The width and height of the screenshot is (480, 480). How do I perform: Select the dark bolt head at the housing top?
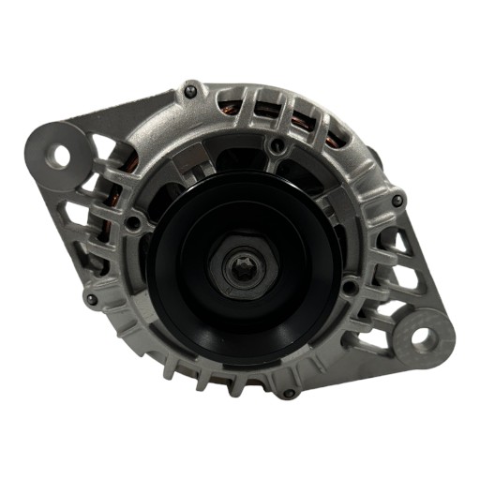click(191, 92)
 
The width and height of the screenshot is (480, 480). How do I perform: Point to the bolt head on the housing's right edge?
click(398, 200)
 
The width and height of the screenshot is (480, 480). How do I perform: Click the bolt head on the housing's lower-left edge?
click(91, 299)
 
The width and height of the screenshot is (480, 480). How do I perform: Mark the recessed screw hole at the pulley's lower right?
click(349, 288)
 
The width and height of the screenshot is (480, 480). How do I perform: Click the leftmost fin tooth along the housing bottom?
click(166, 369)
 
